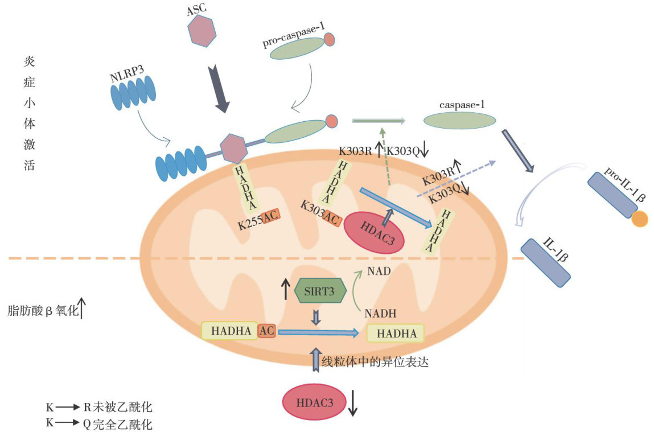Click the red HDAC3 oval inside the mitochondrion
pyautogui.click(x=374, y=231)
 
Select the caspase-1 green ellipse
pyautogui.click(x=459, y=120)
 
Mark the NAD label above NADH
pyautogui.click(x=379, y=271)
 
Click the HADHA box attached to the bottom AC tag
pyautogui.click(x=229, y=331)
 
